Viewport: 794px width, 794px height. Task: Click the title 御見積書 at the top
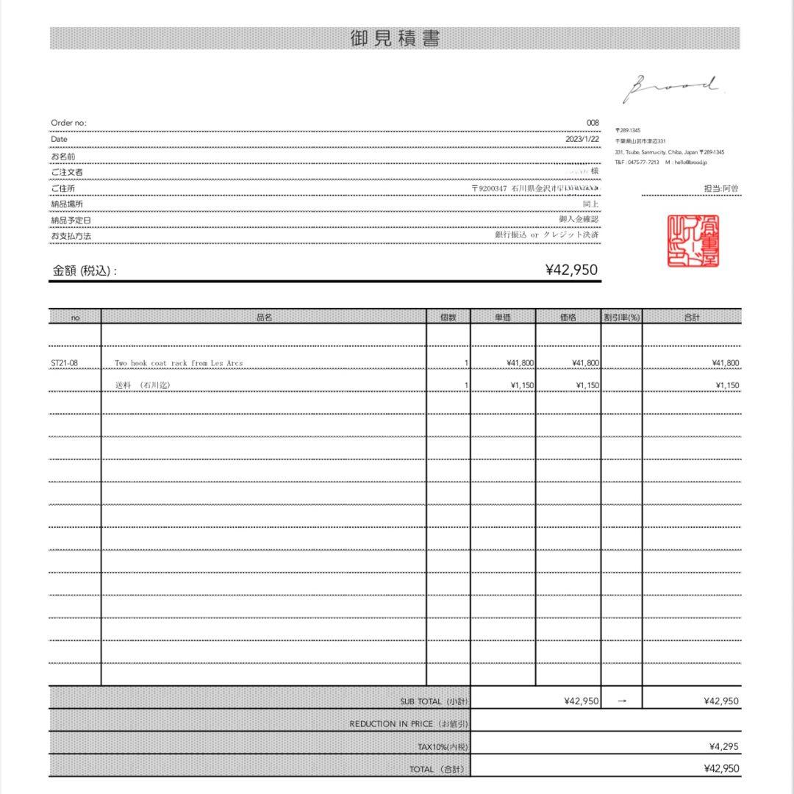(396, 39)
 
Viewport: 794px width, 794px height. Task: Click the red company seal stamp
(693, 241)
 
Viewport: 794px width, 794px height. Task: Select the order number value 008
(593, 123)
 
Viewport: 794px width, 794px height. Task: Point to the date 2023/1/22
(582, 139)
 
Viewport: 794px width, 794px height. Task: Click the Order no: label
(68, 123)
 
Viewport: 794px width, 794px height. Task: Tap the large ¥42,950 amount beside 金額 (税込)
(571, 270)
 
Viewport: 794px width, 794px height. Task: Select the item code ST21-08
(65, 363)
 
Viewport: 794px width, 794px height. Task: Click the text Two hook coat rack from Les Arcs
(179, 363)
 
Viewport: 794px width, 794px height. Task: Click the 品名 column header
(264, 318)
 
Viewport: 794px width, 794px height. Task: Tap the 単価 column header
(503, 318)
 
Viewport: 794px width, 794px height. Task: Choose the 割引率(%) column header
(622, 318)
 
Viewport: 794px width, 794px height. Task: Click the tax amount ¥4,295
(723, 746)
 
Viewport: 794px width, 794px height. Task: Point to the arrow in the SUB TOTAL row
(622, 701)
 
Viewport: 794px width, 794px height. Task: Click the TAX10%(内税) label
(442, 747)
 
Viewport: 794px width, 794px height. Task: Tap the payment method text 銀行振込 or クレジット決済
(547, 235)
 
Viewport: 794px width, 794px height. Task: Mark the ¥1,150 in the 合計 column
(726, 385)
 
